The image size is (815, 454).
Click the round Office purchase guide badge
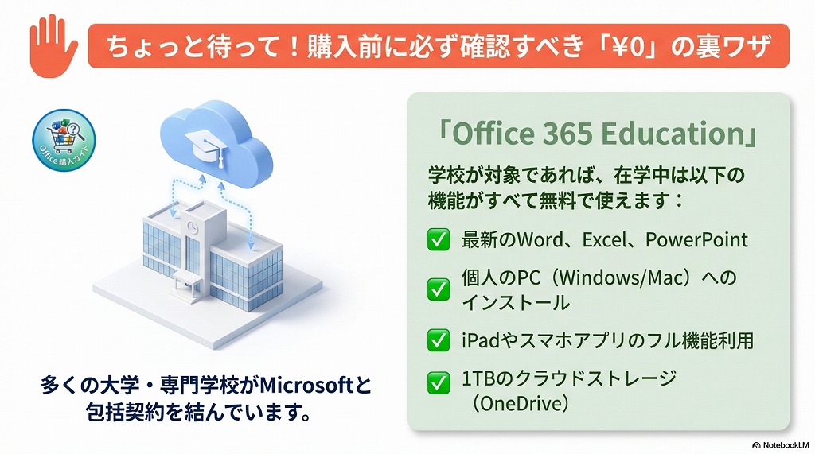[x=63, y=142]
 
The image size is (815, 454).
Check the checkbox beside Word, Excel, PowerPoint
[x=438, y=239]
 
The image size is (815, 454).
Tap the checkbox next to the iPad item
[x=438, y=341]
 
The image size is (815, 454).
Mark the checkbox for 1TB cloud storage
[x=438, y=384]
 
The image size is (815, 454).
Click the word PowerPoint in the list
[x=696, y=239]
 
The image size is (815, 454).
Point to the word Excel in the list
[x=609, y=239]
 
